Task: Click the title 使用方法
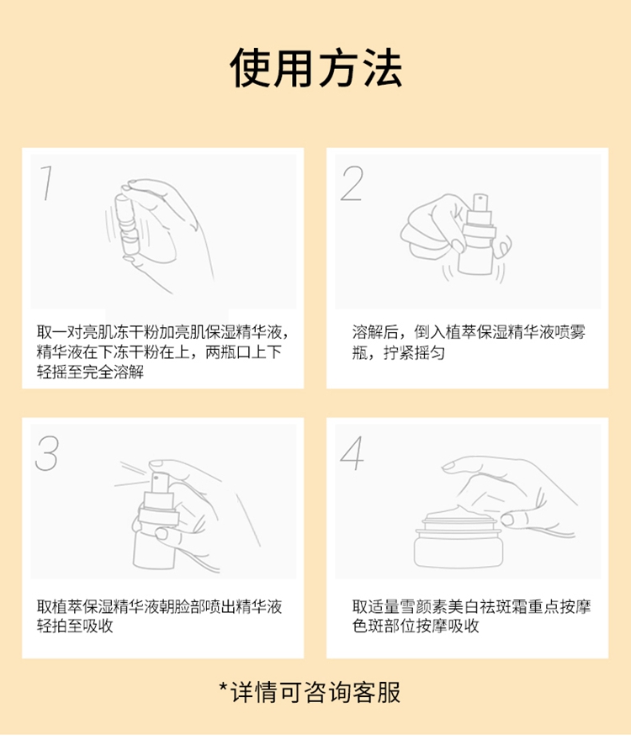pyautogui.click(x=315, y=68)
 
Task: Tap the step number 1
pyautogui.click(x=46, y=183)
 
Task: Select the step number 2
pyautogui.click(x=352, y=183)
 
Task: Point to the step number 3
pyautogui.click(x=47, y=453)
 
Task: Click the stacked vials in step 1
pyautogui.click(x=126, y=225)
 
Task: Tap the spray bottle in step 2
pyautogui.click(x=477, y=235)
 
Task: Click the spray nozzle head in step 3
pyautogui.click(x=158, y=482)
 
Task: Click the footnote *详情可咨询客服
pyautogui.click(x=310, y=692)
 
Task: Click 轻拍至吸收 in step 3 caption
pyautogui.click(x=75, y=626)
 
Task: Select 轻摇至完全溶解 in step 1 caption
pyautogui.click(x=90, y=372)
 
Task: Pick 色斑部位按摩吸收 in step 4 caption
pyautogui.click(x=416, y=626)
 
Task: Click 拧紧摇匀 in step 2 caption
pyautogui.click(x=414, y=352)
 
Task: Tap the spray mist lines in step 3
pyautogui.click(x=133, y=474)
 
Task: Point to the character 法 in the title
pyautogui.click(x=384, y=68)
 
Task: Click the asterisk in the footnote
pyautogui.click(x=224, y=686)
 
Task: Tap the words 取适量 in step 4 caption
pyautogui.click(x=375, y=606)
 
